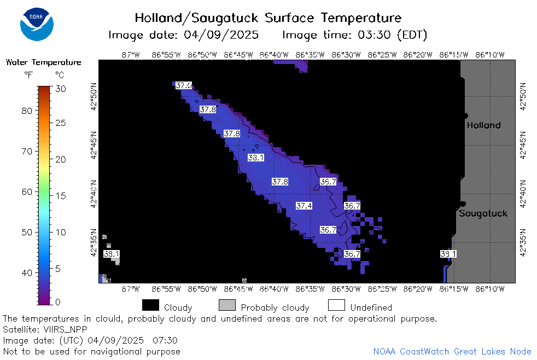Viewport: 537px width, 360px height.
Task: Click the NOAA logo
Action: pos(37,24)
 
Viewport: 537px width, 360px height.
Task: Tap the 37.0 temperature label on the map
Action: pos(184,85)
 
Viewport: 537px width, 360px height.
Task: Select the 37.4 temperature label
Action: pos(304,206)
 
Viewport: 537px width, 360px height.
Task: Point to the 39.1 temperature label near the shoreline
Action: pos(448,254)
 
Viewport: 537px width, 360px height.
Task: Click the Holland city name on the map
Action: pos(483,125)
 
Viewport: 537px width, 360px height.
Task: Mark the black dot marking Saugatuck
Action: pos(463,204)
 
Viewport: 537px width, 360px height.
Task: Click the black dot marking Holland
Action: pos(465,116)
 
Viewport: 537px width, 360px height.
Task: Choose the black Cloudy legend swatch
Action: pos(150,305)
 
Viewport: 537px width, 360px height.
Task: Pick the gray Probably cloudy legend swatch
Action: pos(227,305)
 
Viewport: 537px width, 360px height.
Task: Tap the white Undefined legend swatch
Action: pos(336,305)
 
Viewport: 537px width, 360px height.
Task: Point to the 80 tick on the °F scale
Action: pos(27,111)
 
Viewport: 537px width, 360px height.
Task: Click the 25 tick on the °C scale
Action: pos(61,123)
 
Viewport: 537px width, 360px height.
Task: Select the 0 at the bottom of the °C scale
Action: pos(58,302)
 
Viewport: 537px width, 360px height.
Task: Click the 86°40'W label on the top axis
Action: pos(274,55)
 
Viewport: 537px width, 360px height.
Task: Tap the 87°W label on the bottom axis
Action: pos(131,289)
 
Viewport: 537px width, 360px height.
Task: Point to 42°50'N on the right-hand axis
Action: pos(523,97)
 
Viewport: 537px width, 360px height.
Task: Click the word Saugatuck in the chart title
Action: pos(225,18)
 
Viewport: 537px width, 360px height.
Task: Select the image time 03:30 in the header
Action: pos(374,34)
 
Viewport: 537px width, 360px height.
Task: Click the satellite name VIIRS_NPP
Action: pos(66,329)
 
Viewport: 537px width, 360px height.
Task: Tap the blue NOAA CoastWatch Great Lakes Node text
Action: pos(452,351)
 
